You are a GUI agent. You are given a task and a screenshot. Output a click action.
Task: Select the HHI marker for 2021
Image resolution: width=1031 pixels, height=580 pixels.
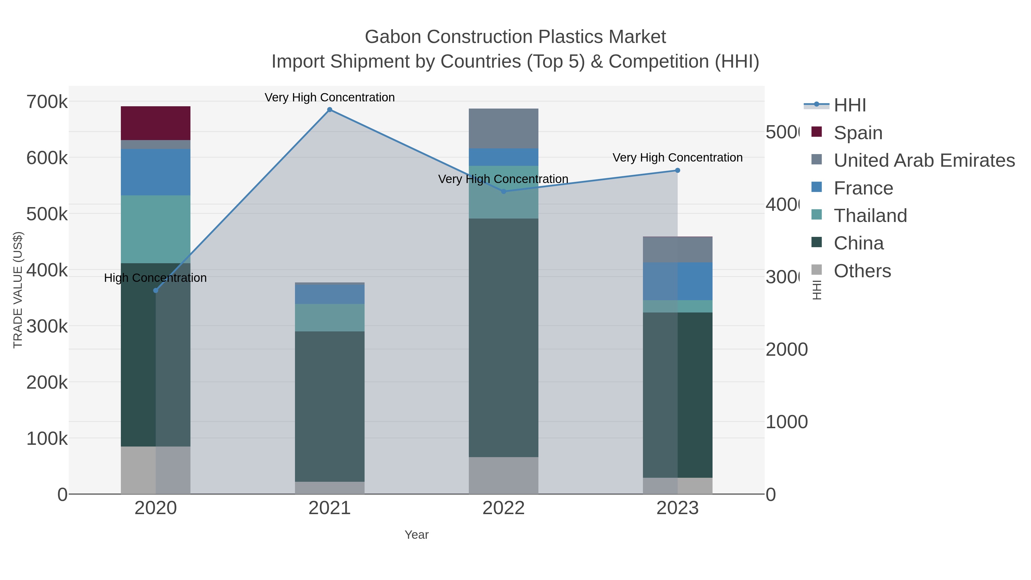coord(329,110)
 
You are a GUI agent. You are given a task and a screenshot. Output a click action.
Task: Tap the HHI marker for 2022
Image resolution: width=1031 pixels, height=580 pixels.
coord(503,191)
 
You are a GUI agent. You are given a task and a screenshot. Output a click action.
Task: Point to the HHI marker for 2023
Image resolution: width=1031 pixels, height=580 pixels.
coord(677,170)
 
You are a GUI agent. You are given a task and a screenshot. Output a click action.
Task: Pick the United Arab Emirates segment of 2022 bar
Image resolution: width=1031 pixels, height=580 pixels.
coord(503,129)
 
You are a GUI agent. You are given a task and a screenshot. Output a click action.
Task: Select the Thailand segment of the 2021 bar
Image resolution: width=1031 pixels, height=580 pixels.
coord(329,317)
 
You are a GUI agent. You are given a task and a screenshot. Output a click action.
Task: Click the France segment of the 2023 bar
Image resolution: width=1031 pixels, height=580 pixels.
coord(677,281)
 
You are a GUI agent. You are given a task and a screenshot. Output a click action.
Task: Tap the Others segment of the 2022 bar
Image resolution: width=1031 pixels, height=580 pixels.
coord(503,475)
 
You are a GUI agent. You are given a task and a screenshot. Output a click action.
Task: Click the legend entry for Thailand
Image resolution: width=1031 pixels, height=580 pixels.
coord(870,216)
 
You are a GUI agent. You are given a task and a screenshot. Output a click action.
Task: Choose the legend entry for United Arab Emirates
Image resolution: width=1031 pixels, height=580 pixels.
coord(924,160)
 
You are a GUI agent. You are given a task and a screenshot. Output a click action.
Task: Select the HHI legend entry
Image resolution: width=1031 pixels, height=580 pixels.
coord(849,105)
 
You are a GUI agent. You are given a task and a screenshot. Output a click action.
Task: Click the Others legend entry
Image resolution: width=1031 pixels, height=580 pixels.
coord(862,271)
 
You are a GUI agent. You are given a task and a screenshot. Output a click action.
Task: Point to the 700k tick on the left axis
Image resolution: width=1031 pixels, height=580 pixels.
coord(47,102)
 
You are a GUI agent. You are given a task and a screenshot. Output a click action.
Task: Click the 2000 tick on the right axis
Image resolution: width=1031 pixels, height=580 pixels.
coord(786,349)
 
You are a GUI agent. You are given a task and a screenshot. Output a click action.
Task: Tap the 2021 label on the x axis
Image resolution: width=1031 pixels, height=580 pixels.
coord(329,508)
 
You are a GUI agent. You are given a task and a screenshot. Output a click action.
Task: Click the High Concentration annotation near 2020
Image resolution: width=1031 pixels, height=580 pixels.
coord(155,278)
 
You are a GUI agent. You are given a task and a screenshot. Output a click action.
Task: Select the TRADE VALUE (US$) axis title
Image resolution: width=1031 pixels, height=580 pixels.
coord(18,290)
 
